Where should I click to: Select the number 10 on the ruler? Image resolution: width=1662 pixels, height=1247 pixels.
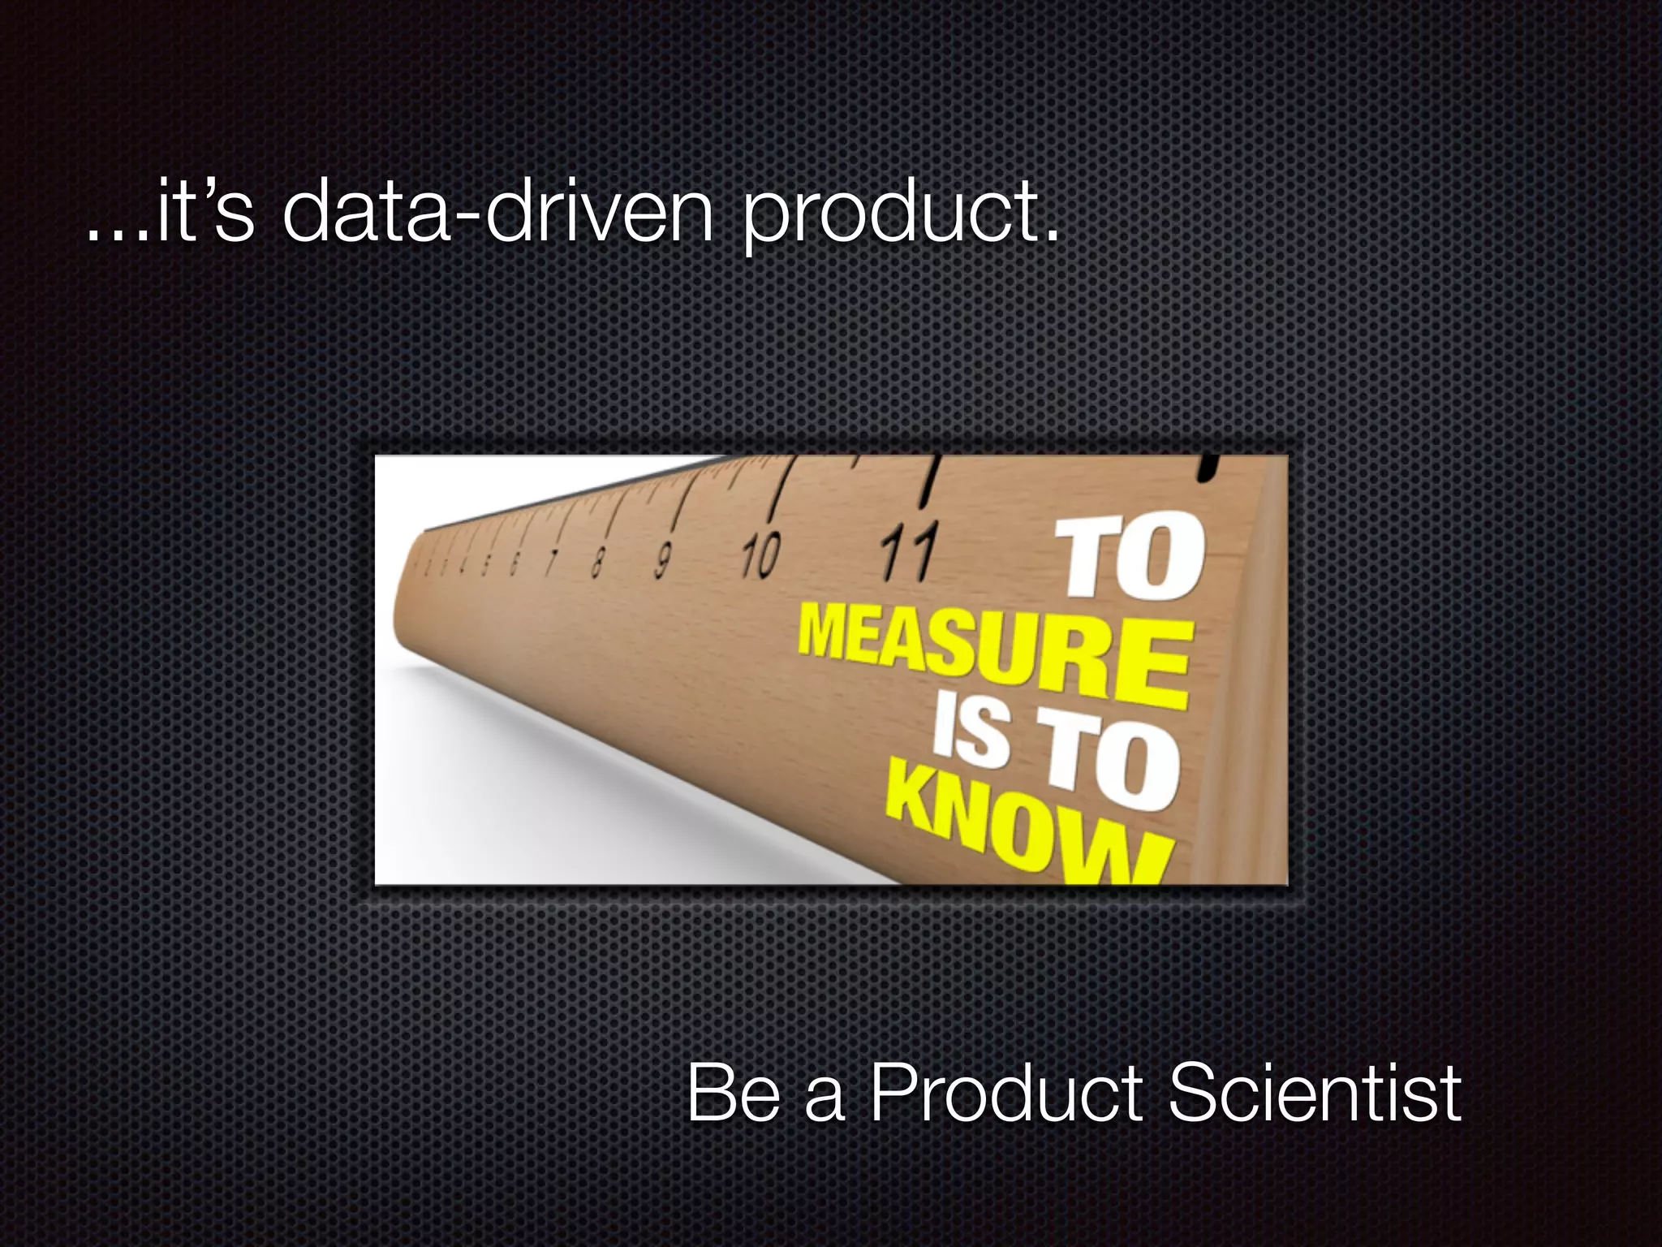(760, 556)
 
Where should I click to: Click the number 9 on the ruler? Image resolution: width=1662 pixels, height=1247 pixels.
(663, 560)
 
